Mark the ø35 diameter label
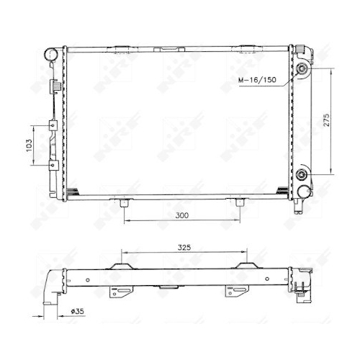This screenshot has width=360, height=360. pyautogui.click(x=78, y=311)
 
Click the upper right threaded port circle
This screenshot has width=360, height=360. pyautogui.click(x=301, y=70)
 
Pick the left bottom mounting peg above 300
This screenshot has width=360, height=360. pyautogui.click(x=125, y=202)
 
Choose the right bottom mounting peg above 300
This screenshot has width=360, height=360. pyautogui.click(x=239, y=202)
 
